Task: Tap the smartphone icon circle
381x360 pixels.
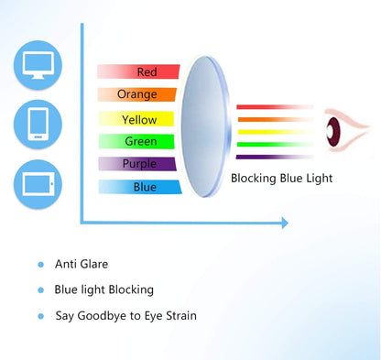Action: (x=39, y=124)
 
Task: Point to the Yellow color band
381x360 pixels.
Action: (x=138, y=119)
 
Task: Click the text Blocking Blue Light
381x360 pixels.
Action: (x=281, y=178)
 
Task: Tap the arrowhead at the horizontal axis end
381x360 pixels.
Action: (x=284, y=223)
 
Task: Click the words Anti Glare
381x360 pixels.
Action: (x=82, y=264)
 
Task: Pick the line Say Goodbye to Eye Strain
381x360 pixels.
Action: (x=125, y=316)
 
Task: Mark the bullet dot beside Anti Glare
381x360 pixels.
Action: (x=40, y=265)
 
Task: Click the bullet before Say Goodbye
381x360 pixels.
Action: (x=40, y=317)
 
